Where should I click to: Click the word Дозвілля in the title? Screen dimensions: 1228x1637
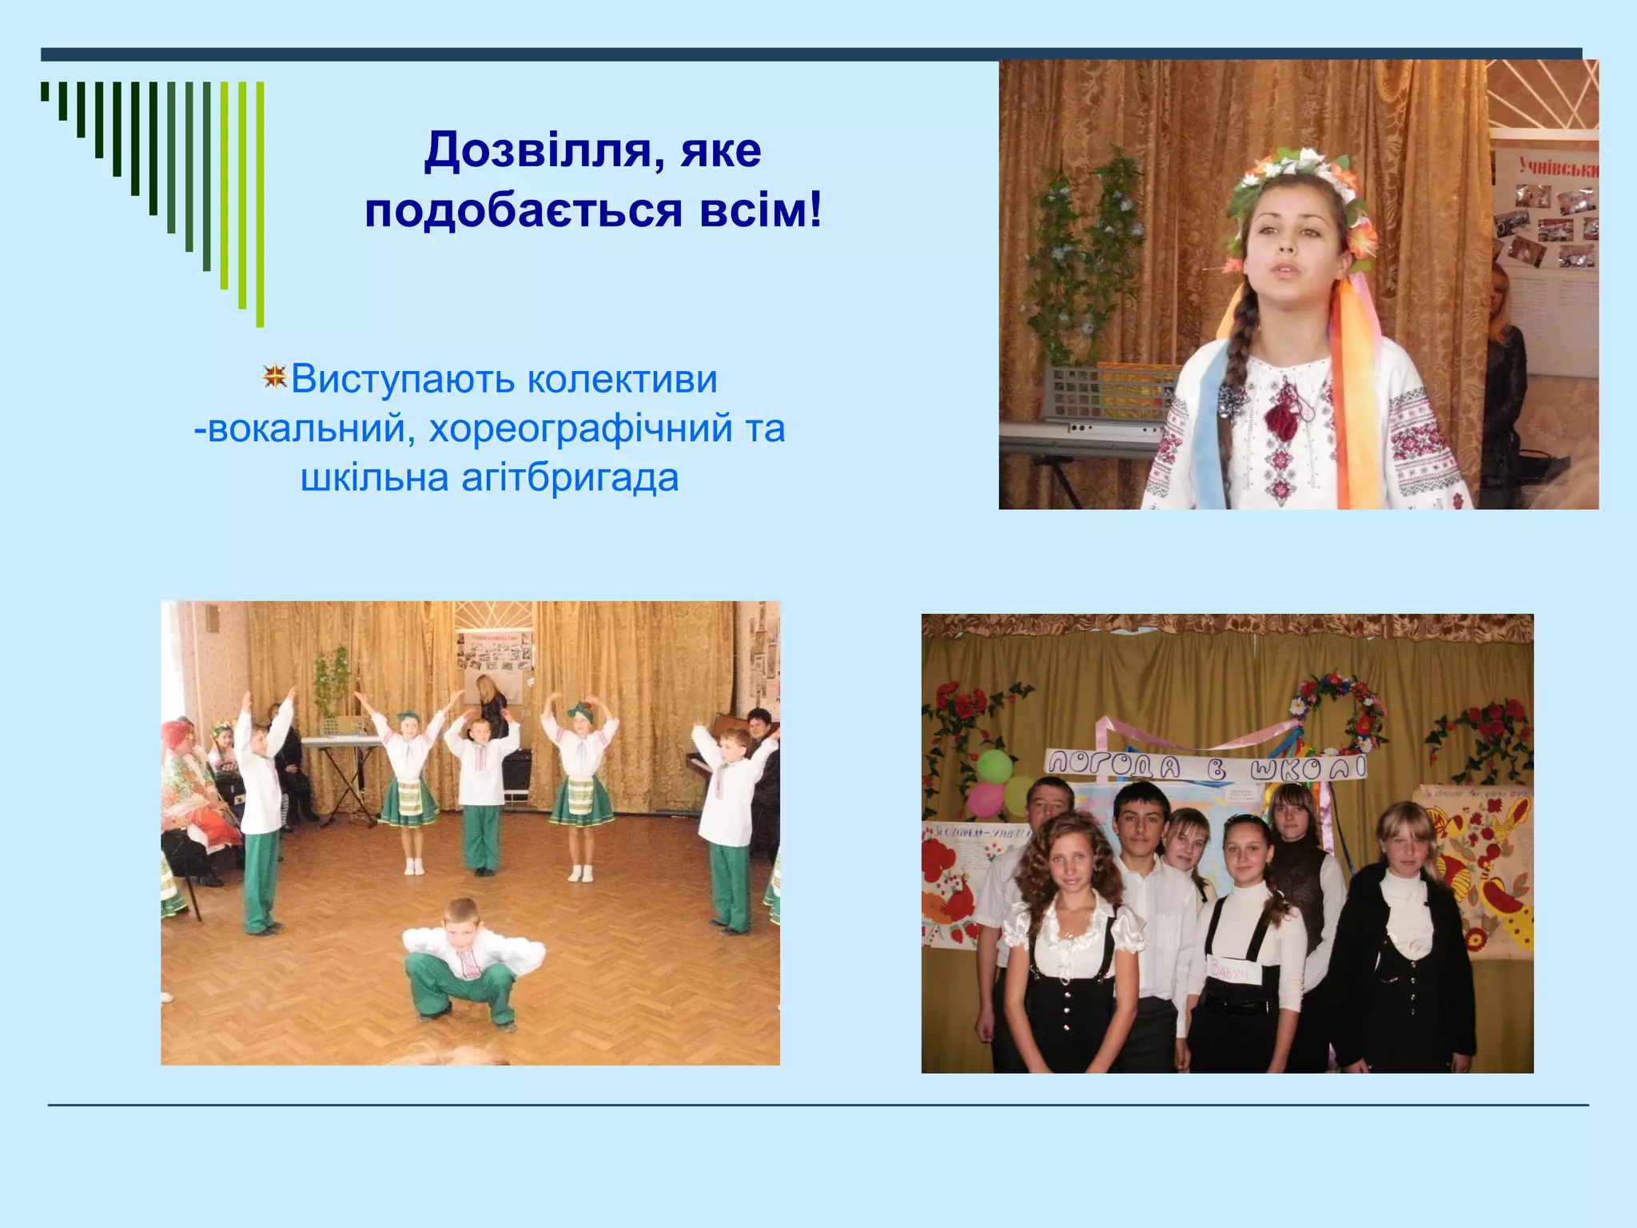point(538,150)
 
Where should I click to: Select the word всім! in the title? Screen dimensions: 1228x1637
point(760,210)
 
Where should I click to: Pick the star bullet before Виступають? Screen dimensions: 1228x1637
point(274,377)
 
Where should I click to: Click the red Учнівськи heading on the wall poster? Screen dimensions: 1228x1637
point(1557,169)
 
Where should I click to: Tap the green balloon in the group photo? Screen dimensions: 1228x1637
point(995,766)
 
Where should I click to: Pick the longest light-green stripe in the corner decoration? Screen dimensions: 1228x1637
point(260,204)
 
